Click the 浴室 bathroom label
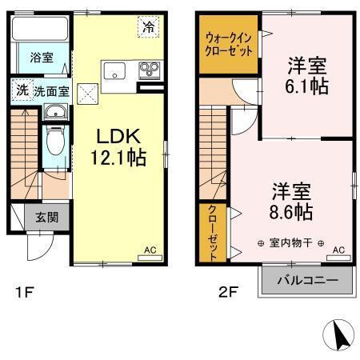pyautogui.click(x=42, y=58)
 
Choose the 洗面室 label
pyautogui.click(x=49, y=90)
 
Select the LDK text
pyautogui.click(x=120, y=135)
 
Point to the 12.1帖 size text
pyautogui.click(x=120, y=158)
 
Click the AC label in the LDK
pyautogui.click(x=150, y=250)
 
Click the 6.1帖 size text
pyautogui.click(x=307, y=86)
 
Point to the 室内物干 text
pyautogui.click(x=290, y=243)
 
